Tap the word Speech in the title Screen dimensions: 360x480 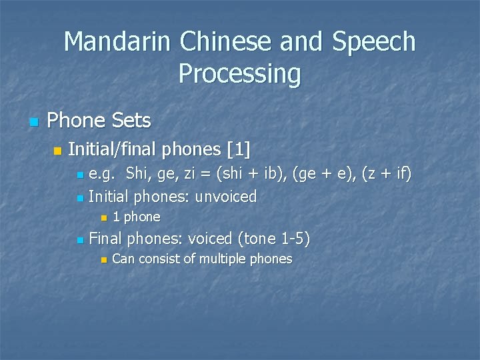[375, 42]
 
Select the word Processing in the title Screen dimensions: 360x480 [240, 74]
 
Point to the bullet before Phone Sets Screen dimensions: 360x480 [33, 122]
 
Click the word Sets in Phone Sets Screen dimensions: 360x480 [131, 121]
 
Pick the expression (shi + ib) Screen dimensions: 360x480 [242, 175]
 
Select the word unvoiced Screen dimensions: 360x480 [225, 197]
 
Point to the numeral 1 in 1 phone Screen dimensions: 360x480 [117, 217]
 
